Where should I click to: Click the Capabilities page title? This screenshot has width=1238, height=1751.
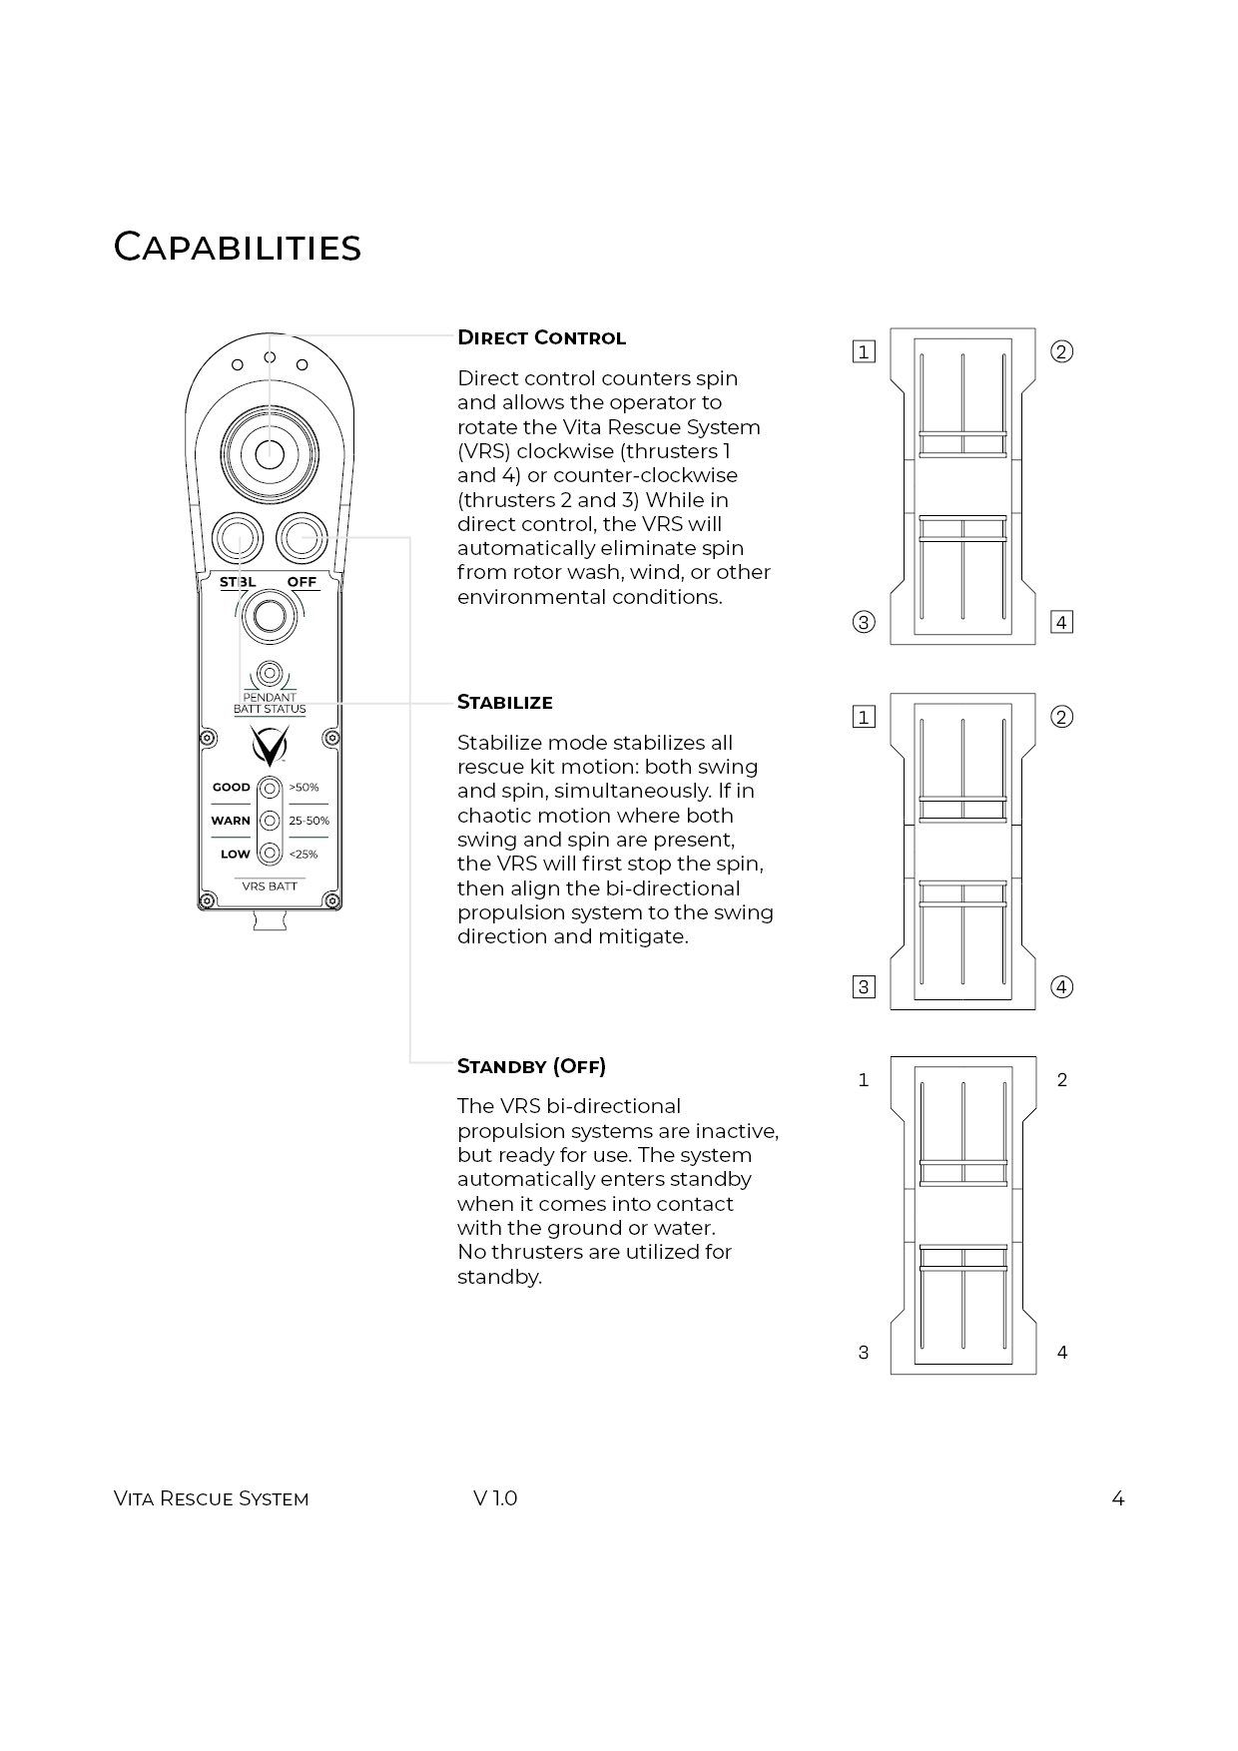point(237,248)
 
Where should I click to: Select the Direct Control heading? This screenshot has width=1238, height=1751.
point(541,337)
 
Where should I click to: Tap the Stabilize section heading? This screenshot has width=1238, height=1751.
point(504,702)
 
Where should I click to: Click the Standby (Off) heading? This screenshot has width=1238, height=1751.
point(531,1066)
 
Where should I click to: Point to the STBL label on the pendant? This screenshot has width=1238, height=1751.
point(238,582)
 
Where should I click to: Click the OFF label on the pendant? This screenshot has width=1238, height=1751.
point(302,582)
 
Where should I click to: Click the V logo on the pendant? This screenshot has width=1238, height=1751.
point(270,745)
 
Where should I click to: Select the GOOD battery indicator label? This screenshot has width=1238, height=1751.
point(231,787)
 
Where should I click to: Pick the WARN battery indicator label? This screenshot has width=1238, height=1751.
point(231,821)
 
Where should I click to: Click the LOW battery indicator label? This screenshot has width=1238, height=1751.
point(235,855)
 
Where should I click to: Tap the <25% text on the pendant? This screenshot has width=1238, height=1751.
point(304,855)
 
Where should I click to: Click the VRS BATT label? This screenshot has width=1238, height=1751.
point(270,886)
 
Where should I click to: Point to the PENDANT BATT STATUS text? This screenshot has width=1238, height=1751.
point(270,703)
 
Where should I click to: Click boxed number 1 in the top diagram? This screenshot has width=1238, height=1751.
point(864,351)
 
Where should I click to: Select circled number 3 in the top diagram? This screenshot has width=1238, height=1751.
point(864,622)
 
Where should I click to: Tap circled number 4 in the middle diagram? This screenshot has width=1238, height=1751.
point(1062,987)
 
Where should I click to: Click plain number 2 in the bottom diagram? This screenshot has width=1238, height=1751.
point(1062,1080)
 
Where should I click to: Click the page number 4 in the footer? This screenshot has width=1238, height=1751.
point(1117,1498)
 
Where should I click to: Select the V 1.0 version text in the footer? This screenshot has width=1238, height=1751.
point(495,1498)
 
